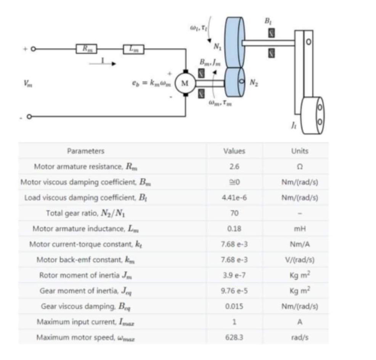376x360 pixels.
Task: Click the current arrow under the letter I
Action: pos(102,64)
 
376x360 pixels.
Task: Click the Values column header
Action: pos(234,151)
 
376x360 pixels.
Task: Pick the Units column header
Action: pos(299,151)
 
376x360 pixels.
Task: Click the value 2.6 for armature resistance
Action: pos(234,166)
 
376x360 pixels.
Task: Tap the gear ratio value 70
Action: pos(234,213)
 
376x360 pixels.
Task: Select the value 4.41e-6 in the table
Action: pos(234,197)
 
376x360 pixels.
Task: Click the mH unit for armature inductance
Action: pos(299,229)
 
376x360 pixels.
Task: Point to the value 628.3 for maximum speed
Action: pos(234,337)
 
